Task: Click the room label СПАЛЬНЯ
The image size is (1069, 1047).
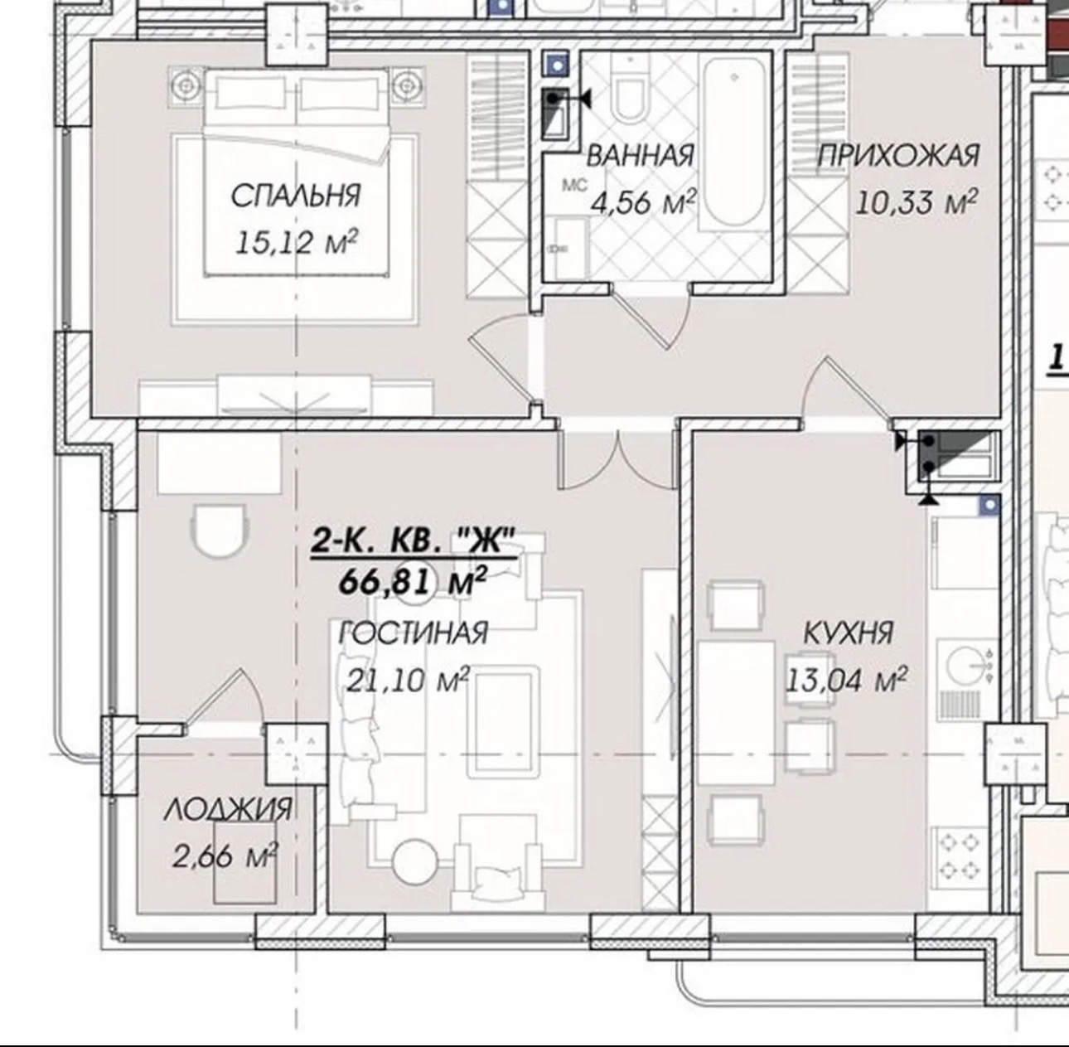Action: click(x=295, y=196)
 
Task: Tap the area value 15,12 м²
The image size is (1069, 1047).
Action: click(x=296, y=242)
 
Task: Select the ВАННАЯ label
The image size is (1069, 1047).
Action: click(x=640, y=156)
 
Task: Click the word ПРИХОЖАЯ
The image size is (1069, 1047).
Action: click(x=898, y=156)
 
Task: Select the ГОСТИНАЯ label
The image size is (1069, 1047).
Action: click(x=413, y=633)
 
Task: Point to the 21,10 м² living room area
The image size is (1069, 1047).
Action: click(x=408, y=680)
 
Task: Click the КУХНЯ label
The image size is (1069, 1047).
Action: click(x=848, y=633)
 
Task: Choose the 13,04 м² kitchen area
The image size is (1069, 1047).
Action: click(x=845, y=680)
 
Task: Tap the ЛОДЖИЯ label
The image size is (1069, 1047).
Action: click(x=227, y=809)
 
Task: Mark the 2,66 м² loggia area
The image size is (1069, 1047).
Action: click(x=224, y=856)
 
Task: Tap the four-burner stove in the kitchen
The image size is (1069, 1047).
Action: click(x=960, y=857)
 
